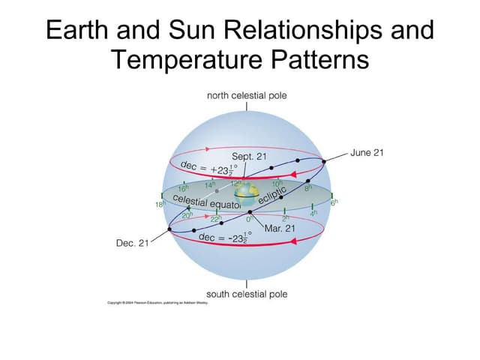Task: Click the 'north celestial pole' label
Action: (x=246, y=96)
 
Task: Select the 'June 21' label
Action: (x=367, y=152)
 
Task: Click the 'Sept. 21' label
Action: (x=249, y=156)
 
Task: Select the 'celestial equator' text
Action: (x=206, y=202)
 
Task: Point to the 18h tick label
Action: (x=159, y=204)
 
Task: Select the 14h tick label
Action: (x=210, y=184)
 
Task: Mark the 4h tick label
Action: (x=316, y=214)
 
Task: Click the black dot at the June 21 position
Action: (x=324, y=160)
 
